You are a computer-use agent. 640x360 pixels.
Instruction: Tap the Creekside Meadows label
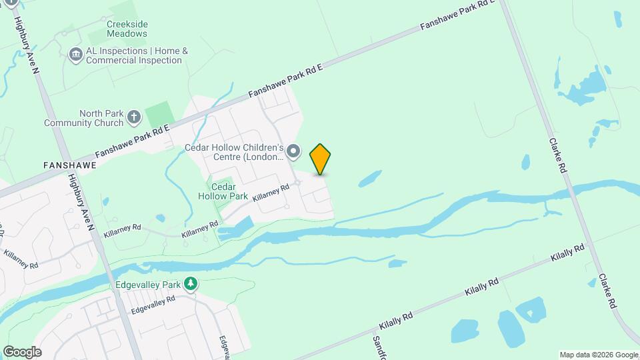point(127,29)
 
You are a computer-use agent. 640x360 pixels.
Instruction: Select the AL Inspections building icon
point(75,53)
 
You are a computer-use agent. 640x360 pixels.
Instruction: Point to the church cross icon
point(134,118)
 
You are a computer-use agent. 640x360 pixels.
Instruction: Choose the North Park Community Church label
point(83,118)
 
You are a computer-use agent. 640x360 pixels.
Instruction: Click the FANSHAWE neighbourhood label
point(69,164)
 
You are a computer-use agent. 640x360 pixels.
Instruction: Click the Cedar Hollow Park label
point(223,192)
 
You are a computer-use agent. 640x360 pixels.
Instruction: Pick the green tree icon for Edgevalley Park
point(191,284)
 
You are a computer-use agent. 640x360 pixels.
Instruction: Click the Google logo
point(22,351)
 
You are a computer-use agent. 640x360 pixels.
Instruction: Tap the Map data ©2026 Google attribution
point(599,355)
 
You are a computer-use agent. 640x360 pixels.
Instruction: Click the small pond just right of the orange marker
point(369,178)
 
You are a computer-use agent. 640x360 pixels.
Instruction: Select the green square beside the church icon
point(158,115)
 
